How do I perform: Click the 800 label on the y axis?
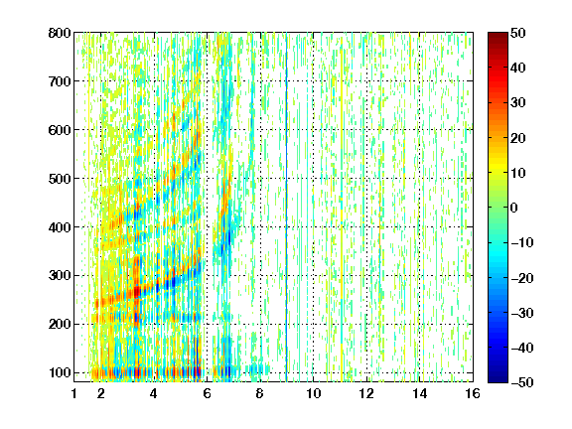pyautogui.click(x=60, y=33)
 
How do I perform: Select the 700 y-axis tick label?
pyautogui.click(x=60, y=81)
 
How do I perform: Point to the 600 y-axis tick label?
pyautogui.click(x=60, y=130)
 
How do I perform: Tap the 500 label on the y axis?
pyautogui.click(x=60, y=179)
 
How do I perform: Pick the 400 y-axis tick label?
pyautogui.click(x=60, y=227)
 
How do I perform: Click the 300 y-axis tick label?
pyautogui.click(x=60, y=276)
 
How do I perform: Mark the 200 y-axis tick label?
pyautogui.click(x=60, y=325)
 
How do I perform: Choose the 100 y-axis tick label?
pyautogui.click(x=60, y=372)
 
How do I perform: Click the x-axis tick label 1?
pyautogui.click(x=74, y=393)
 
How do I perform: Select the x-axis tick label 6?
pyautogui.click(x=208, y=393)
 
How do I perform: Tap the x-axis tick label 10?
pyautogui.click(x=314, y=393)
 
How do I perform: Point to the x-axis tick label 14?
pyautogui.click(x=420, y=393)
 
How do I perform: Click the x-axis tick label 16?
pyautogui.click(x=473, y=393)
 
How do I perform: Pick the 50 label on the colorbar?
pyautogui.click(x=518, y=33)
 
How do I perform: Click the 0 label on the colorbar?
pyautogui.click(x=514, y=208)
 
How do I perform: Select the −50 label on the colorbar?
pyautogui.click(x=522, y=382)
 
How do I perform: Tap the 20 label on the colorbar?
pyautogui.click(x=518, y=138)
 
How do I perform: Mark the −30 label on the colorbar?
pyautogui.click(x=522, y=313)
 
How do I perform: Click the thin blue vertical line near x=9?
pyautogui.click(x=286, y=208)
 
